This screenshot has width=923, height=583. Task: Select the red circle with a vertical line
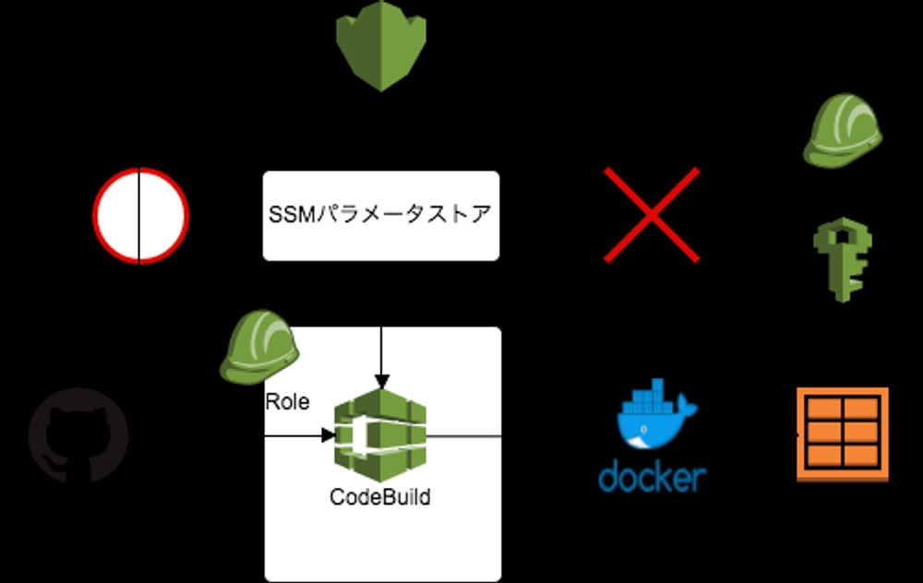tap(140, 216)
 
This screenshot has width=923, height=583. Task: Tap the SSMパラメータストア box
tap(380, 215)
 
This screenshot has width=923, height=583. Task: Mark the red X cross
tap(651, 215)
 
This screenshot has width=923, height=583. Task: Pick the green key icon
tap(842, 259)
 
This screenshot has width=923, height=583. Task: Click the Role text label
tap(287, 402)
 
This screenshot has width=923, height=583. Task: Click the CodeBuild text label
tap(380, 497)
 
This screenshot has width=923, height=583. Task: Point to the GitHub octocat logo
tap(78, 434)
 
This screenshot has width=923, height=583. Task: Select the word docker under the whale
tap(652, 477)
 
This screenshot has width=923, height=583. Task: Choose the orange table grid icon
tap(842, 434)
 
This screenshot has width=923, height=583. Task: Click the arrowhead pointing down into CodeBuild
tap(381, 381)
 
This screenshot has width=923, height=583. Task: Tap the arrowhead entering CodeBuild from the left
tap(328, 434)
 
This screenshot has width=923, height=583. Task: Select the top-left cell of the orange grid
tap(824, 409)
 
